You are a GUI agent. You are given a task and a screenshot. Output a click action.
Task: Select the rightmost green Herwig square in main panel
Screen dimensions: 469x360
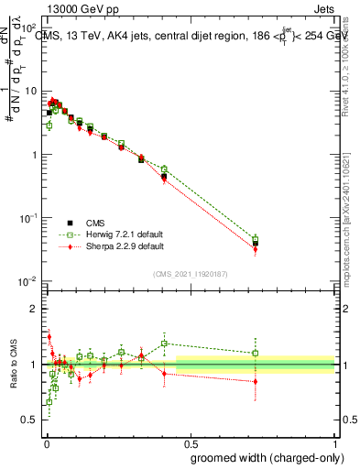(256, 238)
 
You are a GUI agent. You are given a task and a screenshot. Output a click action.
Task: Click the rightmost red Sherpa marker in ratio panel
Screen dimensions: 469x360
(256, 381)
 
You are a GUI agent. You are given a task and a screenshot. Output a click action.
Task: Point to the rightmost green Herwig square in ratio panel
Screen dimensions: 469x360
(256, 353)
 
